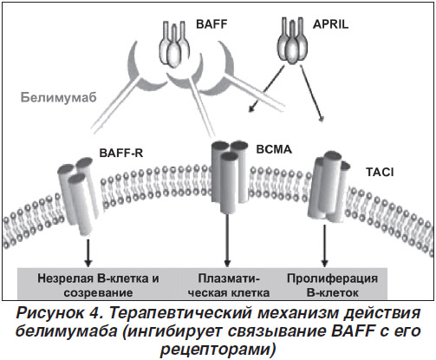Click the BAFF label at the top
pos(211,24)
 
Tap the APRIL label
pos(330,24)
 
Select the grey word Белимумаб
pos(59,97)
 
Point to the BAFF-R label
pos(121,153)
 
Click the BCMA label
pos(274,149)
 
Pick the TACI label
pos(380,173)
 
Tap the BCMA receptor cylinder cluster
pos(230,176)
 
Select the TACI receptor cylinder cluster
pos(328,187)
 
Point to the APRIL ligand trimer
pos(292,41)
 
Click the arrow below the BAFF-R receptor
pos(88,252)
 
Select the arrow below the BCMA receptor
pos(227,240)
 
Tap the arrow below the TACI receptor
pos(324,245)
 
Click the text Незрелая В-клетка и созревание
pos(98,285)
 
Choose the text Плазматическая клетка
pos(229,285)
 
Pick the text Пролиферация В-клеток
pos(332,285)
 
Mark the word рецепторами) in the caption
pos(218,350)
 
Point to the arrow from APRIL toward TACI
pos(311,93)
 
